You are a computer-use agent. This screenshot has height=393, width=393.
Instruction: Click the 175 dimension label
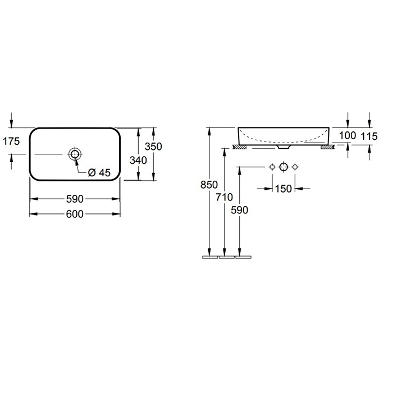pyautogui.click(x=11, y=141)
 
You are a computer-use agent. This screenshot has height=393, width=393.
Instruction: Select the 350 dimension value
pyautogui.click(x=153, y=147)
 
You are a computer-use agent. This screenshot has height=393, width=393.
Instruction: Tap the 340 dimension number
pyautogui.click(x=138, y=160)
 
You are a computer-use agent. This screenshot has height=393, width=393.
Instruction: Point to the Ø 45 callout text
pyautogui.click(x=99, y=172)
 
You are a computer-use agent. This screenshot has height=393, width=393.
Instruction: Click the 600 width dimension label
pyautogui.click(x=75, y=214)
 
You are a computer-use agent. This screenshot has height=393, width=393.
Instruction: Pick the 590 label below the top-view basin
pyautogui.click(x=75, y=199)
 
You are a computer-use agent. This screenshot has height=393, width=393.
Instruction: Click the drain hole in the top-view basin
pyautogui.click(x=75, y=154)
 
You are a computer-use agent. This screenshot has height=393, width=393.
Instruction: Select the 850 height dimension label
pyautogui.click(x=209, y=185)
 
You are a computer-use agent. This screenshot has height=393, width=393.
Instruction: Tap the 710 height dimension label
pyautogui.click(x=225, y=197)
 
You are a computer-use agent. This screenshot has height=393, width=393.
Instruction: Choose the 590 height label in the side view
pyautogui.click(x=240, y=210)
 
